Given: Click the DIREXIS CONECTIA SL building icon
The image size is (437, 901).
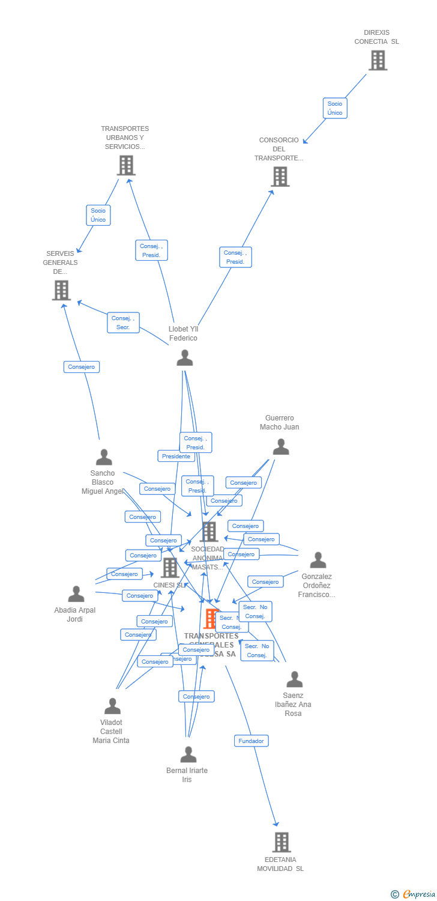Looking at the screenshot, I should [x=378, y=60].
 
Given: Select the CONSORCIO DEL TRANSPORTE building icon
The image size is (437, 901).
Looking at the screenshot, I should [x=280, y=177].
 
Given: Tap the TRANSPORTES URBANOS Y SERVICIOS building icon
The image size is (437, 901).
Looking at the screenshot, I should [x=126, y=165].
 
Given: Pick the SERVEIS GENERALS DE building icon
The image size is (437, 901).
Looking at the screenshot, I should [x=61, y=290].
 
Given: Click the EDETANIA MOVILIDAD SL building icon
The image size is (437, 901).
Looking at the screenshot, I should [x=281, y=842].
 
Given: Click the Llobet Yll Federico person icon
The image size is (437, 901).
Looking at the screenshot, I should [x=184, y=358].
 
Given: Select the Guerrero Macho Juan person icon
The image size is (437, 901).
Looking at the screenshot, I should [x=280, y=447].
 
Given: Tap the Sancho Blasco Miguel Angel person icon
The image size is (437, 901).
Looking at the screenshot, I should [x=104, y=457].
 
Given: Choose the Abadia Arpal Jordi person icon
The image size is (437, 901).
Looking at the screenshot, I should [x=76, y=594].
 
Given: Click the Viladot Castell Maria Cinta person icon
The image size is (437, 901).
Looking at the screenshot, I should [x=112, y=706].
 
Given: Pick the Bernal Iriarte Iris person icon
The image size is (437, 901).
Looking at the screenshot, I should [x=188, y=754].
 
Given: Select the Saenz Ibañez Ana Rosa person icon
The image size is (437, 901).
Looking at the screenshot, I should [x=294, y=679].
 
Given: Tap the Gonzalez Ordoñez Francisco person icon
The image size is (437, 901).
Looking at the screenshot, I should [x=318, y=560].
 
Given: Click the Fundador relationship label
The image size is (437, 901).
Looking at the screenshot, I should [x=251, y=741].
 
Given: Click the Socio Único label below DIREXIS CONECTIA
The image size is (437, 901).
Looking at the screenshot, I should [x=334, y=108].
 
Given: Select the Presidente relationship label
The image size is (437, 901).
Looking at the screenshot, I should [x=176, y=457].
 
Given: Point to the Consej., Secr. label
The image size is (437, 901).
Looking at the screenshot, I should [x=123, y=323].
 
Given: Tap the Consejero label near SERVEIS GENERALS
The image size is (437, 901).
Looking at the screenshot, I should [x=82, y=367].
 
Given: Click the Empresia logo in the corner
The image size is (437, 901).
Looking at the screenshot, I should [x=413, y=894].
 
